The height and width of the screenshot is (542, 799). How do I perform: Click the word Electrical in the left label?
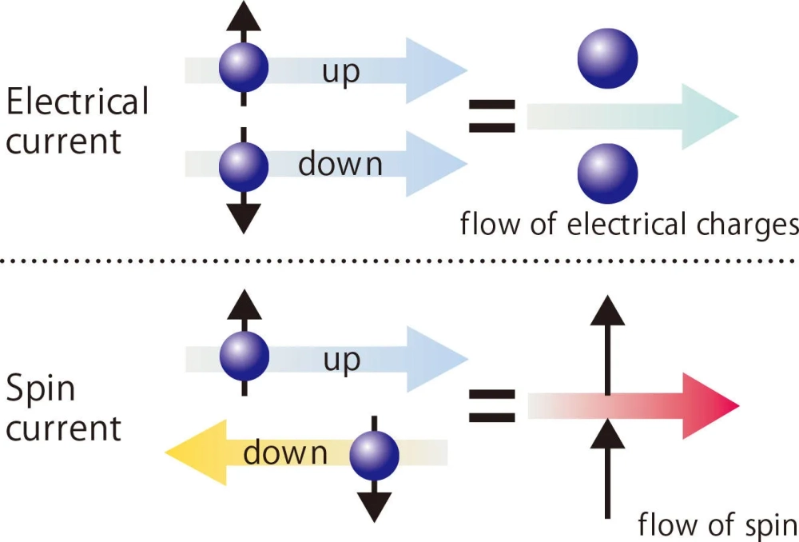coord(77,102)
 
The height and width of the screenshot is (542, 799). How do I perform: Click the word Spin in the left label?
coord(40,391)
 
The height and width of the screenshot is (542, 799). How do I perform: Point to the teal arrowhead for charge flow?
coord(711,117)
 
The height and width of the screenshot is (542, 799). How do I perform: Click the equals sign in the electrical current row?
coord(491,117)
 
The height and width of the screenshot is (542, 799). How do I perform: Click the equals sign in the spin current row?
coord(491,406)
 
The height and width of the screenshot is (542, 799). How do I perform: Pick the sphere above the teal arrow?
coord(607,58)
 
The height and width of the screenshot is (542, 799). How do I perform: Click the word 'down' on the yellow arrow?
coord(285,454)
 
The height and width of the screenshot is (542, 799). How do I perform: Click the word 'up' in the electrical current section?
coord(341,71)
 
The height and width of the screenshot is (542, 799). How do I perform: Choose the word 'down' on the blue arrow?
coord(340,165)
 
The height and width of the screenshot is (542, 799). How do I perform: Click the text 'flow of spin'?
coord(717,525)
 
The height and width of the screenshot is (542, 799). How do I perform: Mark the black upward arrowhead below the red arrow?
coord(608,432)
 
